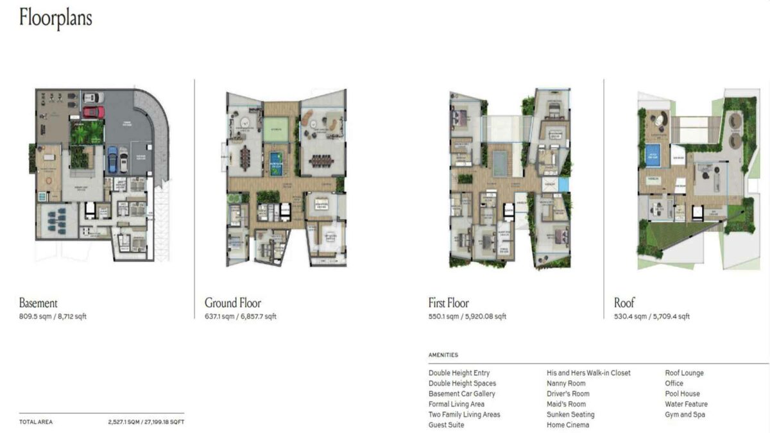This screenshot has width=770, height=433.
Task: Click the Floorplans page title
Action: (56, 18)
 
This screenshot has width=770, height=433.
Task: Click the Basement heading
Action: (38, 303)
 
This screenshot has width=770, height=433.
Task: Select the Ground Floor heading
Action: (233, 303)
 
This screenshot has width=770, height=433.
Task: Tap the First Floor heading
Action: (449, 303)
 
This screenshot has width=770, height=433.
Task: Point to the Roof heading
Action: (624, 303)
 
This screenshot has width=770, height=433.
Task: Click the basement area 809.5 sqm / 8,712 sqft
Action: (53, 317)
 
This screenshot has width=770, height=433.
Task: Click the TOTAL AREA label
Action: (36, 422)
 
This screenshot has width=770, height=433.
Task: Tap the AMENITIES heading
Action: (443, 355)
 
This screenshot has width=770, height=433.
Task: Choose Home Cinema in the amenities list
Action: (568, 425)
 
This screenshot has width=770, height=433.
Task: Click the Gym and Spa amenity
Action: (685, 414)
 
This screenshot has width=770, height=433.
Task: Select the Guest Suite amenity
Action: (446, 425)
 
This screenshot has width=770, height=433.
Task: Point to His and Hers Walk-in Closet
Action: (588, 373)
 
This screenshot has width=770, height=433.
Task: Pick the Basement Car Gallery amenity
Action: (462, 394)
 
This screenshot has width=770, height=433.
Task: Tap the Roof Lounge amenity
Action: (684, 373)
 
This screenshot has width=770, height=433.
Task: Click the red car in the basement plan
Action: (94, 112)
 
